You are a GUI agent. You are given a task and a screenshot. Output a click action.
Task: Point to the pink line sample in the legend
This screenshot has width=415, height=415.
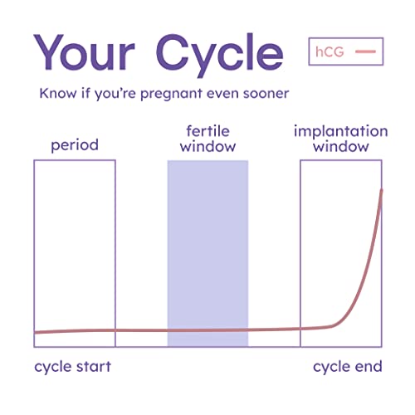366,52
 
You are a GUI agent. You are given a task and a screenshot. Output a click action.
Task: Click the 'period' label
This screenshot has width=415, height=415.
75,145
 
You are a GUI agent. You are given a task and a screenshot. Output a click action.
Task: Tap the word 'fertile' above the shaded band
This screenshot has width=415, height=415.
207,131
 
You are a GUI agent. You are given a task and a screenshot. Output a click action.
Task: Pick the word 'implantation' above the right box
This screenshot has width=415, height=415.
341,131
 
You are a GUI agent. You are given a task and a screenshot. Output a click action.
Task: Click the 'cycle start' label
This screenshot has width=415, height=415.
72,366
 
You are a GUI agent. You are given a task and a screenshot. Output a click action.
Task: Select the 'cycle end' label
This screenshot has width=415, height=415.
347,366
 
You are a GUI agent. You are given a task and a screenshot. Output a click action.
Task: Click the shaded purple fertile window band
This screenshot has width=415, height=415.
207,249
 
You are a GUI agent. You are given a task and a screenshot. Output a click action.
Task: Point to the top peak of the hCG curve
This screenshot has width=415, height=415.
382,190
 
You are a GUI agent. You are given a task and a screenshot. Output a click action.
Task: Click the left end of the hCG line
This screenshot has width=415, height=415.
36,333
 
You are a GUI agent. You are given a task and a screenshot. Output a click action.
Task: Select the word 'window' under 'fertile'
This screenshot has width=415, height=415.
207,148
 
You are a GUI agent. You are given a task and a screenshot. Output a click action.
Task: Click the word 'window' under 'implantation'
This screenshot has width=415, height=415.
341,148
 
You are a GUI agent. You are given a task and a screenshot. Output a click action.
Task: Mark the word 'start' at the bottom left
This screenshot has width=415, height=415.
93,366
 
